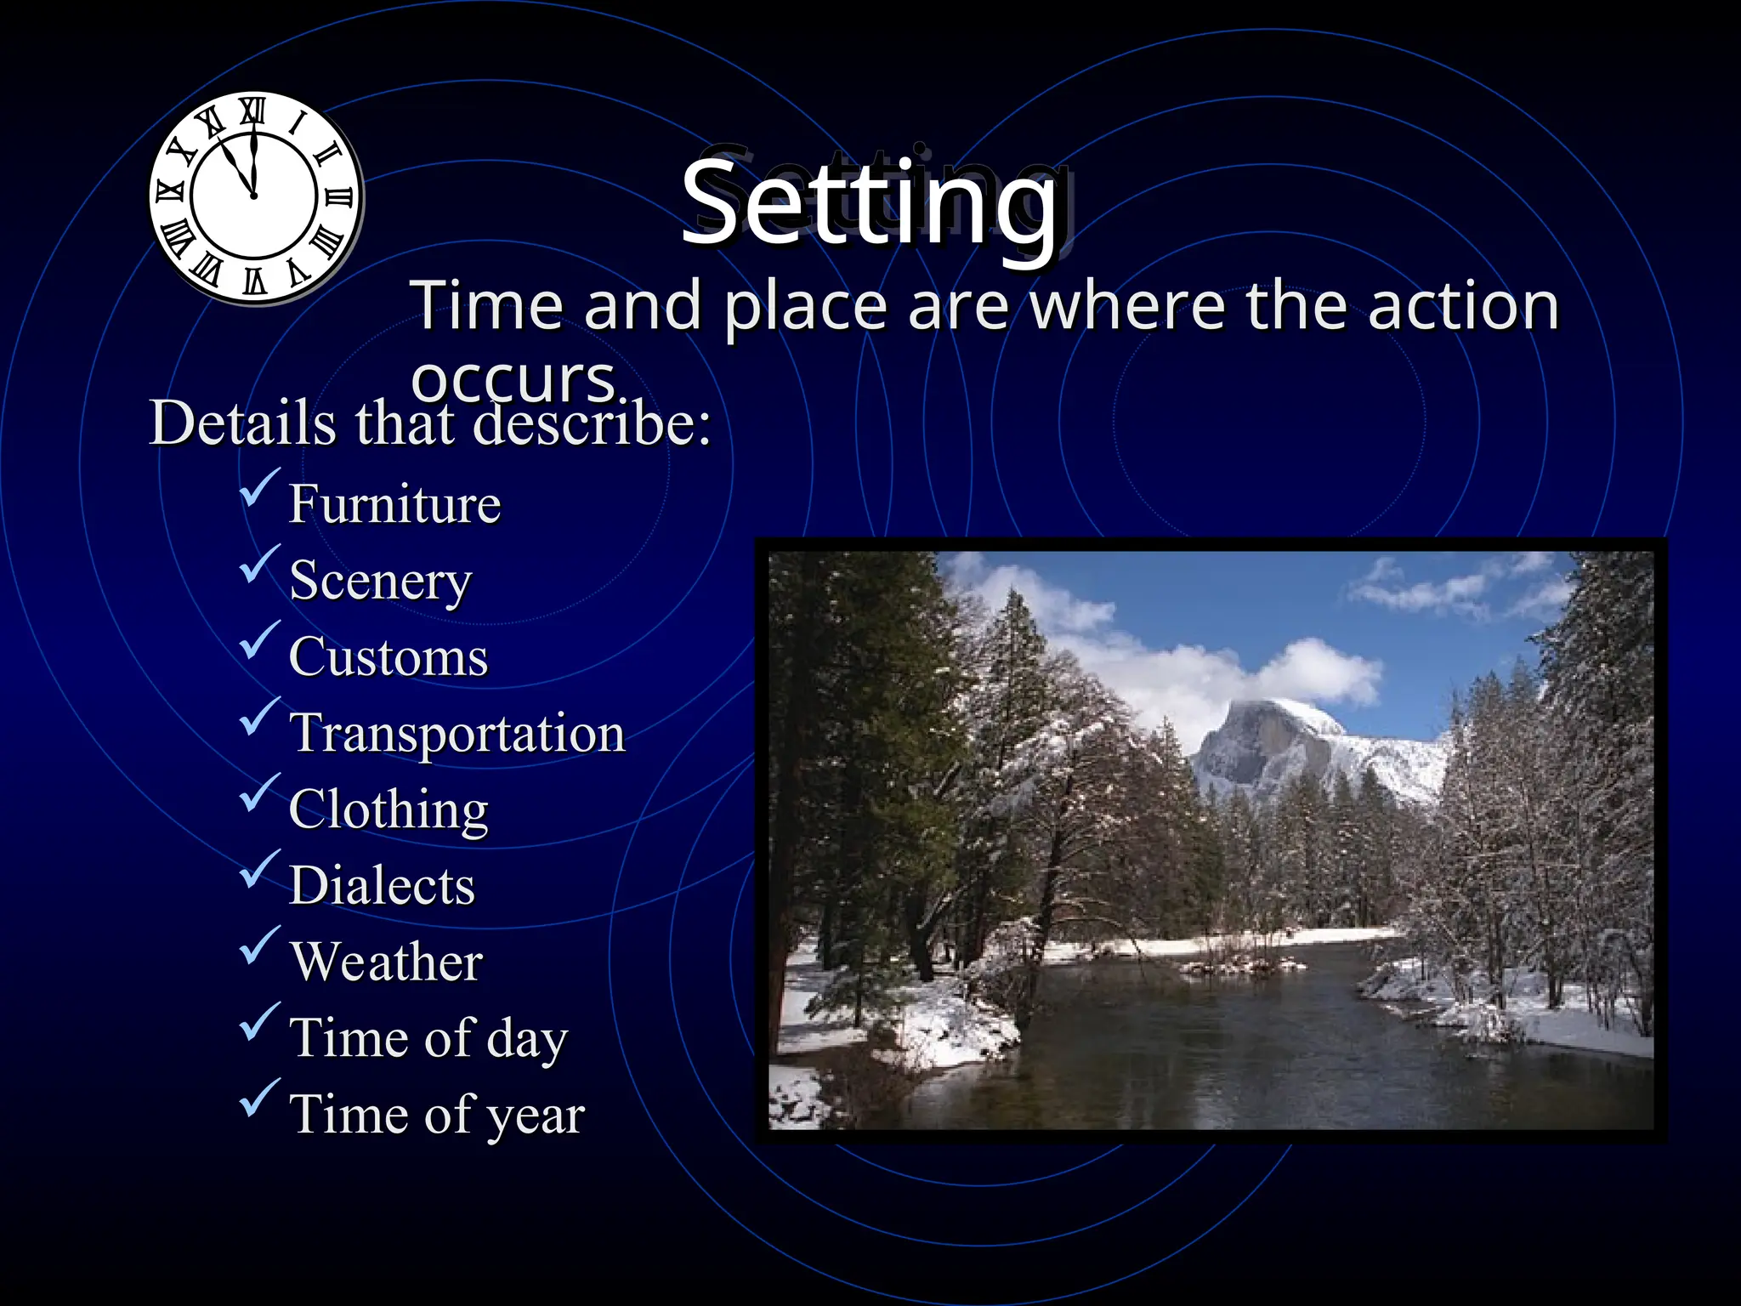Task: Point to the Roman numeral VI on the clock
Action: point(255,281)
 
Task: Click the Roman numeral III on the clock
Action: point(338,197)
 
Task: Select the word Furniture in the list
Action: point(394,504)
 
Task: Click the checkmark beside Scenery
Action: point(258,565)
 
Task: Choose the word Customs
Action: point(388,657)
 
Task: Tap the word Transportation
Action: point(457,733)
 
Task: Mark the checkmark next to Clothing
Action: point(258,793)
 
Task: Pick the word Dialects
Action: point(382,886)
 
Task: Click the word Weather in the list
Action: point(386,962)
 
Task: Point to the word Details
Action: point(243,423)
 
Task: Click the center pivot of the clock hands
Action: point(253,196)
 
